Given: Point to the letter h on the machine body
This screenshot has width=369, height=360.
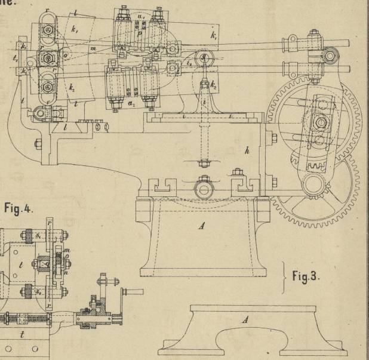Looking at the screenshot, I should coord(246,152).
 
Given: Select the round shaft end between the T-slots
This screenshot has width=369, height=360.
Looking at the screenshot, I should coord(202,190).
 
